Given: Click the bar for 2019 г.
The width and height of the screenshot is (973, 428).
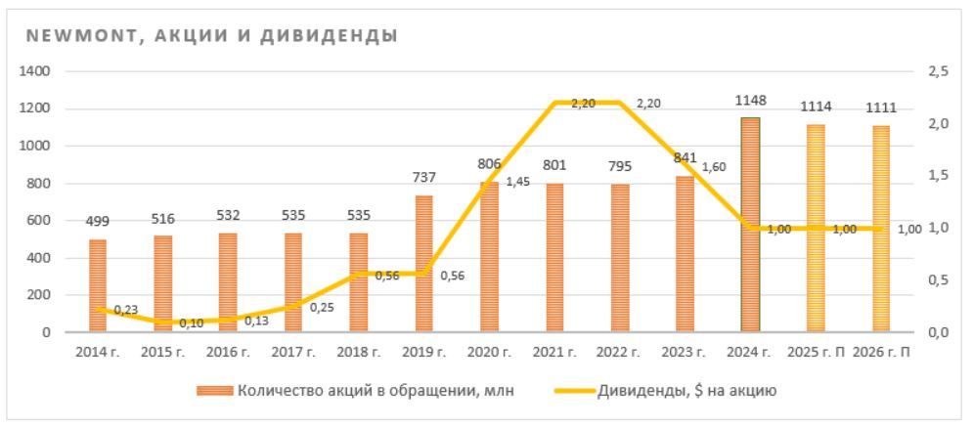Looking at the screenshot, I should tap(423, 264).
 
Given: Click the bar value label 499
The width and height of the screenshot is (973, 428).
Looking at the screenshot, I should tap(98, 221).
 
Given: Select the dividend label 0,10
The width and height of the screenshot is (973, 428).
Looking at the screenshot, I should tap(192, 323).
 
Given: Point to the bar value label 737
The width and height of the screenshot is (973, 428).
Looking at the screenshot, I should tap(423, 177).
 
